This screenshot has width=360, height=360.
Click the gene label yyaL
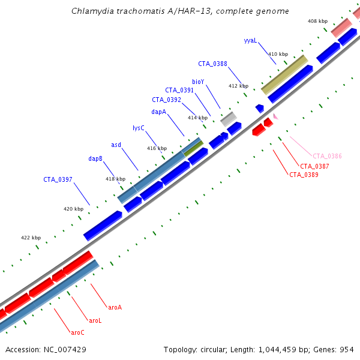pos(250,41)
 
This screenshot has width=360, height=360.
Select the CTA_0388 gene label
pos(212,64)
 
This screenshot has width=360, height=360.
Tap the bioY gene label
pos(198,81)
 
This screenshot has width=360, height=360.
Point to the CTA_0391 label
pos(179,90)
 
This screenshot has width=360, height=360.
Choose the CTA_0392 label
pos(166,100)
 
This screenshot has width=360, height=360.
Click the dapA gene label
pos(158,112)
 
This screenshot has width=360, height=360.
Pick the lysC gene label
pos(138,128)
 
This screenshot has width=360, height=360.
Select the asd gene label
pos(116,145)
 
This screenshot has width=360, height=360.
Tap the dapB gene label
pos(95,158)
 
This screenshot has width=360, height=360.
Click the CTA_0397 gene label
pos(58,179)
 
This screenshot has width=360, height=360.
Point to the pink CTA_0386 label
pos(327,156)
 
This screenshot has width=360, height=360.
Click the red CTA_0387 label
pos(314,166)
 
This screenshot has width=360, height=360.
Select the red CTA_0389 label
pos(304,175)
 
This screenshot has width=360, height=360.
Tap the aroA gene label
pos(115,307)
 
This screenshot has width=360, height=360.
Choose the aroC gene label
pos(77,332)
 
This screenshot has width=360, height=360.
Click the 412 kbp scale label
pos(238,86)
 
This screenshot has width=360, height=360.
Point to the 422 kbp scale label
pos(31,238)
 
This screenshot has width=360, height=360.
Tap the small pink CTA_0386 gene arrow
pos(275,116)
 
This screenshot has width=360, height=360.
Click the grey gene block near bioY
pos(229,119)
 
